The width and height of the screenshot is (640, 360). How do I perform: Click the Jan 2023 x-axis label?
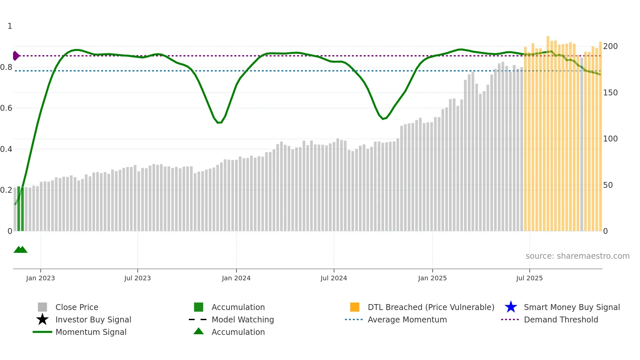pos(40,278)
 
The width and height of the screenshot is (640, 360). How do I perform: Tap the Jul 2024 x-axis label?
pos(334,278)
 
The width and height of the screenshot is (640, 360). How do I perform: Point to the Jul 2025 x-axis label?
pos(529,278)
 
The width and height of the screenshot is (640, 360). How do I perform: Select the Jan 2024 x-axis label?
pos(236,278)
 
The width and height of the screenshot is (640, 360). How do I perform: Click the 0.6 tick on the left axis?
pos(6,108)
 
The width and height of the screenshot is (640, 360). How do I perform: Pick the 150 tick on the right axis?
pos(610,93)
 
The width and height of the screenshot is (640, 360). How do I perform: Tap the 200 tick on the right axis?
pos(610,46)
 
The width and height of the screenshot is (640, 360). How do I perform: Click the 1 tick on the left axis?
pos(10,26)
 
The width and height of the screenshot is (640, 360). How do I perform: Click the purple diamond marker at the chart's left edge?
pos(16,56)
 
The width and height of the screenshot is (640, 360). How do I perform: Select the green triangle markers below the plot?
pos(20,250)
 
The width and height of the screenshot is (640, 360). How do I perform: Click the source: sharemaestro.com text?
pos(577,256)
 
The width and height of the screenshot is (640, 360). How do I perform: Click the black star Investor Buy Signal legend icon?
pos(42,319)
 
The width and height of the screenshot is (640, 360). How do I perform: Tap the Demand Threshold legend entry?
pos(561,320)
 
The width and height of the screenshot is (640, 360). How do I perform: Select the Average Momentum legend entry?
pos(407,320)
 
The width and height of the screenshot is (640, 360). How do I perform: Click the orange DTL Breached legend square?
pos(355,307)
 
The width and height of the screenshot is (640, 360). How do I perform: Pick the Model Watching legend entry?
pos(242,320)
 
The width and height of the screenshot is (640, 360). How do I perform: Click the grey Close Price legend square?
pos(42,307)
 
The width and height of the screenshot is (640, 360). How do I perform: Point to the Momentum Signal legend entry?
pos(91,332)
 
